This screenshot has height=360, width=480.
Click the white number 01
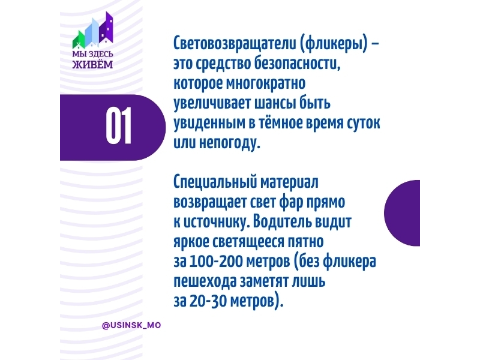[119, 125]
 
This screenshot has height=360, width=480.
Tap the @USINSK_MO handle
[131, 325]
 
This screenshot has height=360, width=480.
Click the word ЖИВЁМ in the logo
[92, 65]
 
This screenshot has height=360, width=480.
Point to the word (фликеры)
[332, 44]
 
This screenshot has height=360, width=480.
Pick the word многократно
[266, 83]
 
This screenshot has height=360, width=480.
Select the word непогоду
[230, 143]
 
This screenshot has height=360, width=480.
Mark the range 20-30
[208, 301]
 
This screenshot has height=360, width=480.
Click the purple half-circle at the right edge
[402, 213]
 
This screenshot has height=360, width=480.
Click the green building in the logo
[79, 40]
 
